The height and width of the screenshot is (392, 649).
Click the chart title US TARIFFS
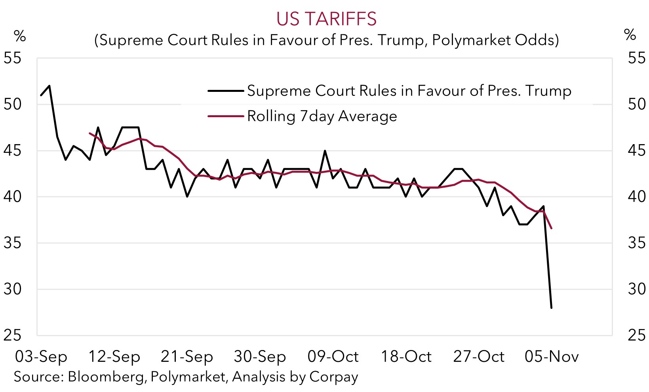326,19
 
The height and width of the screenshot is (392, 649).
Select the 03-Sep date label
41,357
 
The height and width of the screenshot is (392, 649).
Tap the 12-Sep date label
114,357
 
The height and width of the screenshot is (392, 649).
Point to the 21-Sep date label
187,357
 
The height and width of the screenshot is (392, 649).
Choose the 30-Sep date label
260,357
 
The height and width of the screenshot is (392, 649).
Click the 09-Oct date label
333,357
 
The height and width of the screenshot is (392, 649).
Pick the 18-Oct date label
406,357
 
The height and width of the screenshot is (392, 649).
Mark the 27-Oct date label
479,357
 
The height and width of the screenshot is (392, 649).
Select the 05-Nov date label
552,357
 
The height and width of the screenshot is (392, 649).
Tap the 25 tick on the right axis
637,335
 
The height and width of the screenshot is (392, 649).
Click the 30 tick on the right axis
637,289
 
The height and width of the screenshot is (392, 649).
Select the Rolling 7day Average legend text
322,116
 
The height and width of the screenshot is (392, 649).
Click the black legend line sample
226,91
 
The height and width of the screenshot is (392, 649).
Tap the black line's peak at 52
49,86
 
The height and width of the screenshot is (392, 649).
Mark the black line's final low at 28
552,308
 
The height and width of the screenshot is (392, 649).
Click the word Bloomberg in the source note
106,377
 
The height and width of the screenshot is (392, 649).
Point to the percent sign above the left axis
20,36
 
